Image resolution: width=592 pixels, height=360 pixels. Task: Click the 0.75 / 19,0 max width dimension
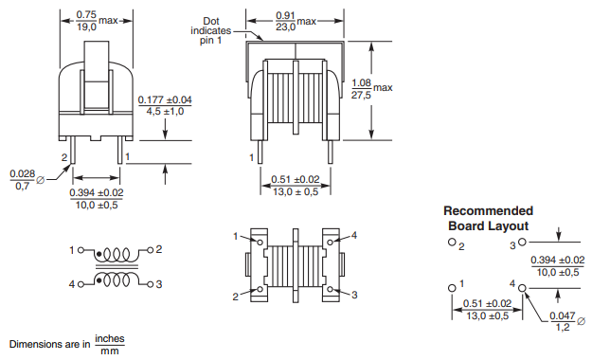pyautogui.click(x=97, y=21)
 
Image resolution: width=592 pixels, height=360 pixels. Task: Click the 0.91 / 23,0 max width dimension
pyautogui.click(x=296, y=21)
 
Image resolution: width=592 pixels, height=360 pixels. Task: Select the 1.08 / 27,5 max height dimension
pyautogui.click(x=371, y=88)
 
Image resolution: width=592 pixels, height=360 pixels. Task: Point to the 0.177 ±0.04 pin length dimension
pyautogui.click(x=165, y=106)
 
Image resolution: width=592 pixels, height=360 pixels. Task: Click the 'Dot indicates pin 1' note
pyautogui.click(x=210, y=30)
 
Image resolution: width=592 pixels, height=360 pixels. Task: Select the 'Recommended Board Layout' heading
pyautogui.click(x=488, y=218)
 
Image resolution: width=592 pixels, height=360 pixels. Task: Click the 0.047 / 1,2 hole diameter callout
pyautogui.click(x=566, y=321)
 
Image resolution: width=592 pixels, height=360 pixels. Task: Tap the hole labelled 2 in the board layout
pyautogui.click(x=452, y=243)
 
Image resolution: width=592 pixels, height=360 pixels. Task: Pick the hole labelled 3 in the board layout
pyautogui.click(x=522, y=242)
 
